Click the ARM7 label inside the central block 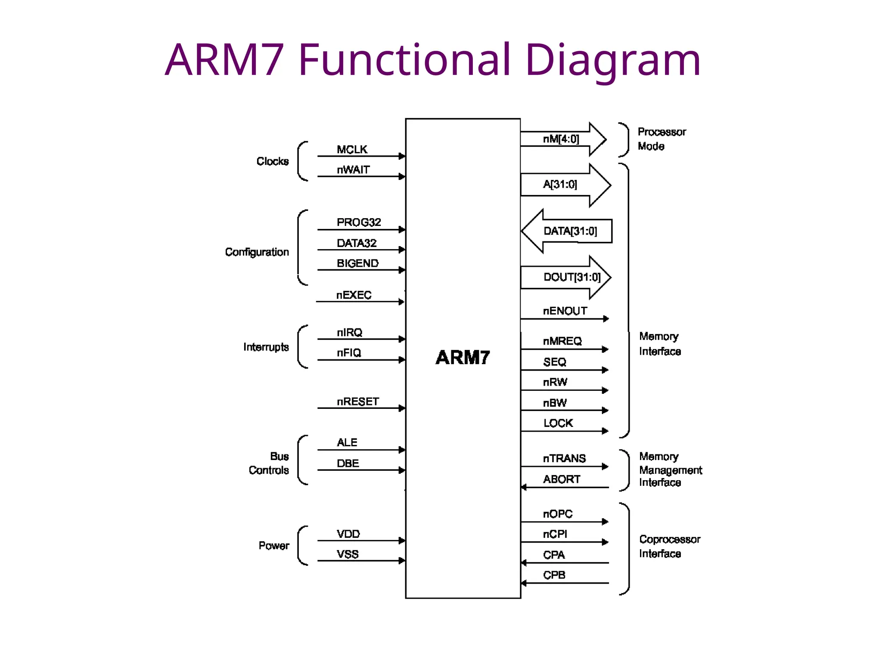[x=463, y=358]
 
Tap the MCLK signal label [x=352, y=149]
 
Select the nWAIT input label [x=353, y=170]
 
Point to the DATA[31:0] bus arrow [x=567, y=231]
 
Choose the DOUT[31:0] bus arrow [x=566, y=277]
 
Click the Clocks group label [x=272, y=161]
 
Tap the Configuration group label [x=257, y=252]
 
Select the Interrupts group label [x=266, y=347]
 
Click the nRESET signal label [x=357, y=402]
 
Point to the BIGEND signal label [x=357, y=263]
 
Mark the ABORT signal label [x=561, y=479]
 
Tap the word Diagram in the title [x=612, y=60]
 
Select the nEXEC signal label [x=354, y=295]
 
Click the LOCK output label [x=558, y=423]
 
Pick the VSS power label [x=348, y=554]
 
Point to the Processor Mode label [x=661, y=139]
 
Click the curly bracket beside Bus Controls [x=301, y=460]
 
